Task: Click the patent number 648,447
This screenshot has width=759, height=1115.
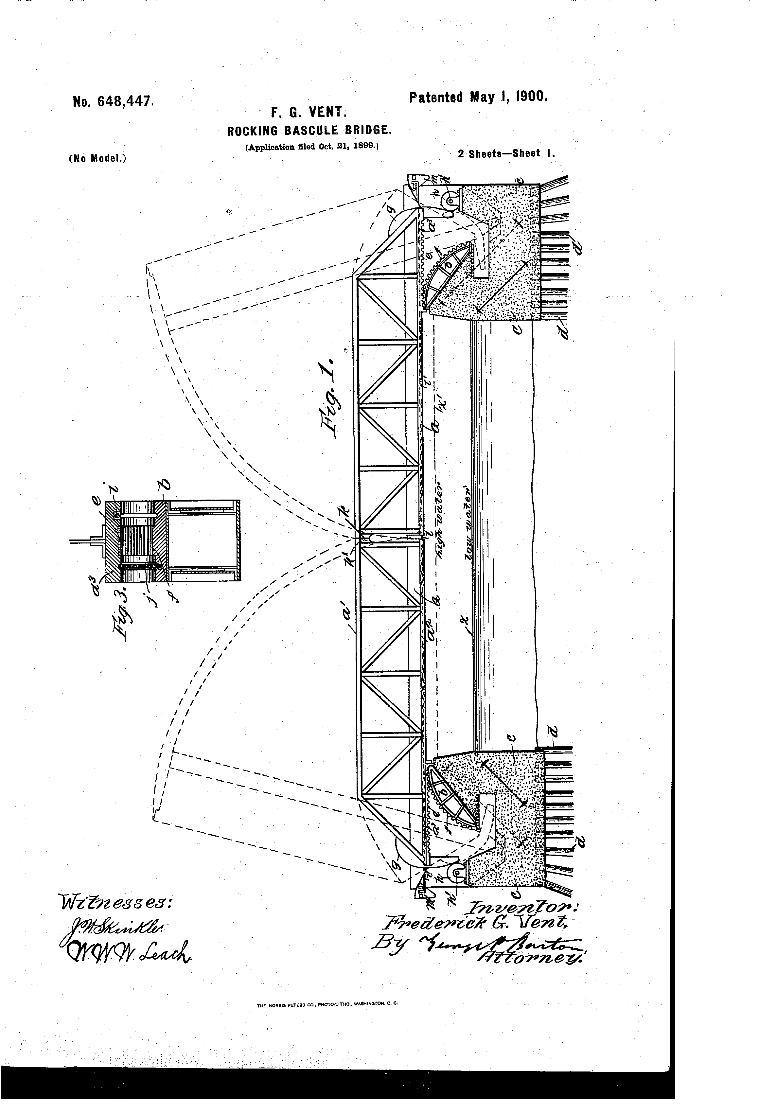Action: pyautogui.click(x=113, y=101)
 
